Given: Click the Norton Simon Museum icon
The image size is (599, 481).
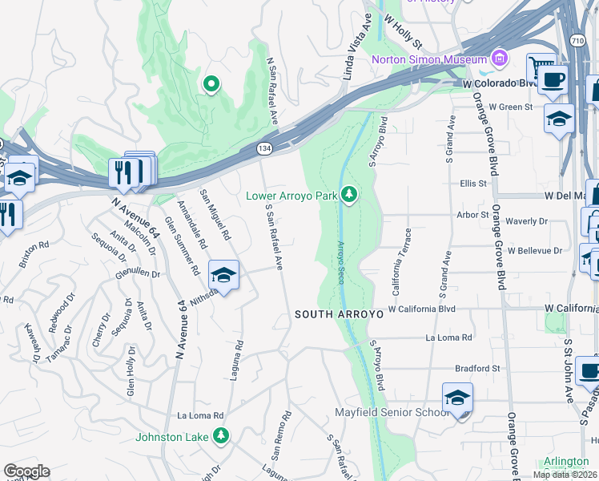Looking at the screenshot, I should (x=501, y=59).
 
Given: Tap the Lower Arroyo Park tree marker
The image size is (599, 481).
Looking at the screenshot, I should (x=348, y=195).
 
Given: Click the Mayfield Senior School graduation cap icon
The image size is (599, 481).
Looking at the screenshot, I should (x=457, y=398).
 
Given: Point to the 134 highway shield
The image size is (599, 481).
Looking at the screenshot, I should (x=265, y=149).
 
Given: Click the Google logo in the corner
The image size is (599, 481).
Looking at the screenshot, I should (x=26, y=471).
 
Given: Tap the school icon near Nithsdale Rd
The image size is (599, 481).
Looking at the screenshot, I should (x=224, y=276).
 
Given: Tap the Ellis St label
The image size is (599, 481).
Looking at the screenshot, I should (x=473, y=184).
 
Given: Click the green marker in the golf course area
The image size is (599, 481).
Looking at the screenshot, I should (x=211, y=83).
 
